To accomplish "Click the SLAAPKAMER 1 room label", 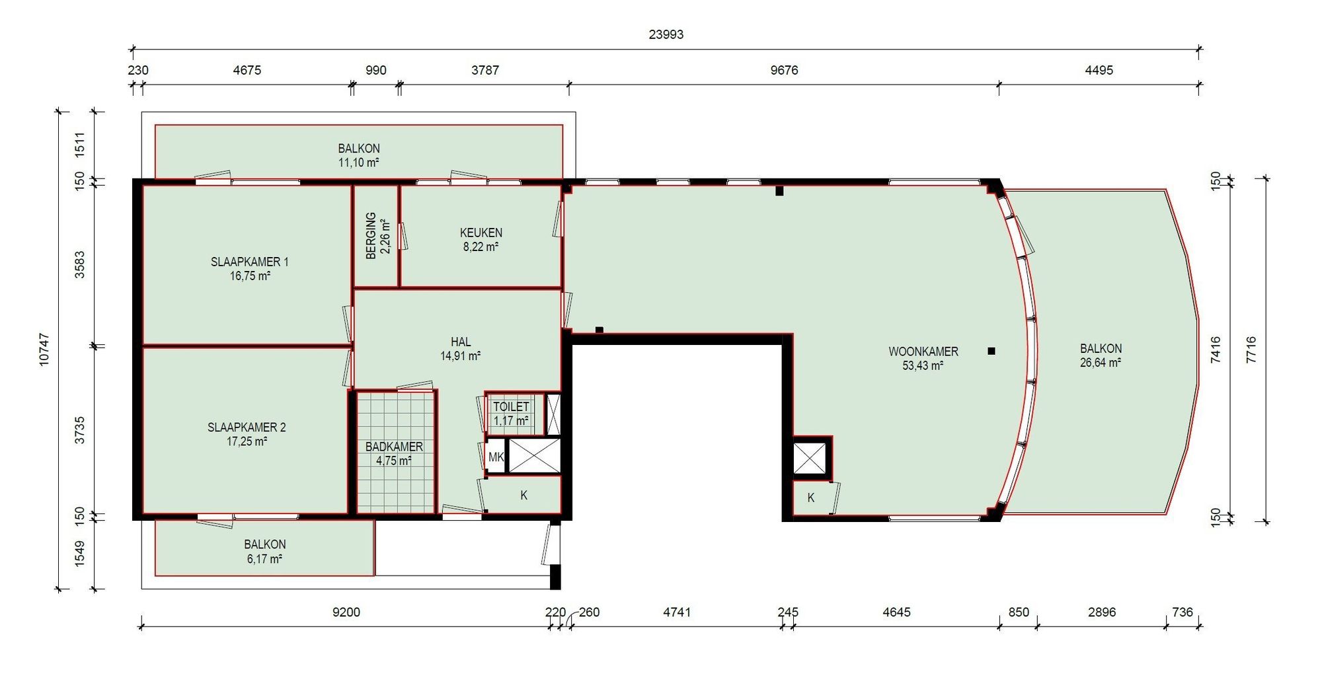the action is point(249,262).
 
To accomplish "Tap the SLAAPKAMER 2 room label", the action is point(247,428).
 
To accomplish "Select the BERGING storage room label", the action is point(371,236).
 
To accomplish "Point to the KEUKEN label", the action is point(481,233).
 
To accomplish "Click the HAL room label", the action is point(461,342).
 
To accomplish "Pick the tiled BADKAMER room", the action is point(395,453).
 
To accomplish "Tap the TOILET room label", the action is point(511,407).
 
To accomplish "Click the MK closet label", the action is point(496,457).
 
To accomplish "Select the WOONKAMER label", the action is point(923,352).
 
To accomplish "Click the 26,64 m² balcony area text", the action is point(1101,363).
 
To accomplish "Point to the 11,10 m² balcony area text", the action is point(359,163).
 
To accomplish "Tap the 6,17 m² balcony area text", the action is point(264,559).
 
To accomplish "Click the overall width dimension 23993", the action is point(666,34).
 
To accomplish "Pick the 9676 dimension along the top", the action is point(784,70).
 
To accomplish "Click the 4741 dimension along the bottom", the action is point(677,613).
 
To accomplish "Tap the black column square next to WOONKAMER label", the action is point(991,352).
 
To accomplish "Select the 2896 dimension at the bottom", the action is point(1102,613).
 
